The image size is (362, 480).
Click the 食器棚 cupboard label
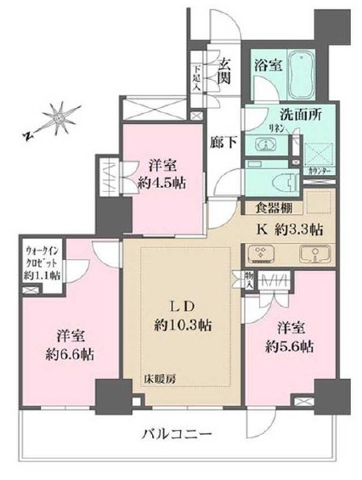(x=265, y=206)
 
